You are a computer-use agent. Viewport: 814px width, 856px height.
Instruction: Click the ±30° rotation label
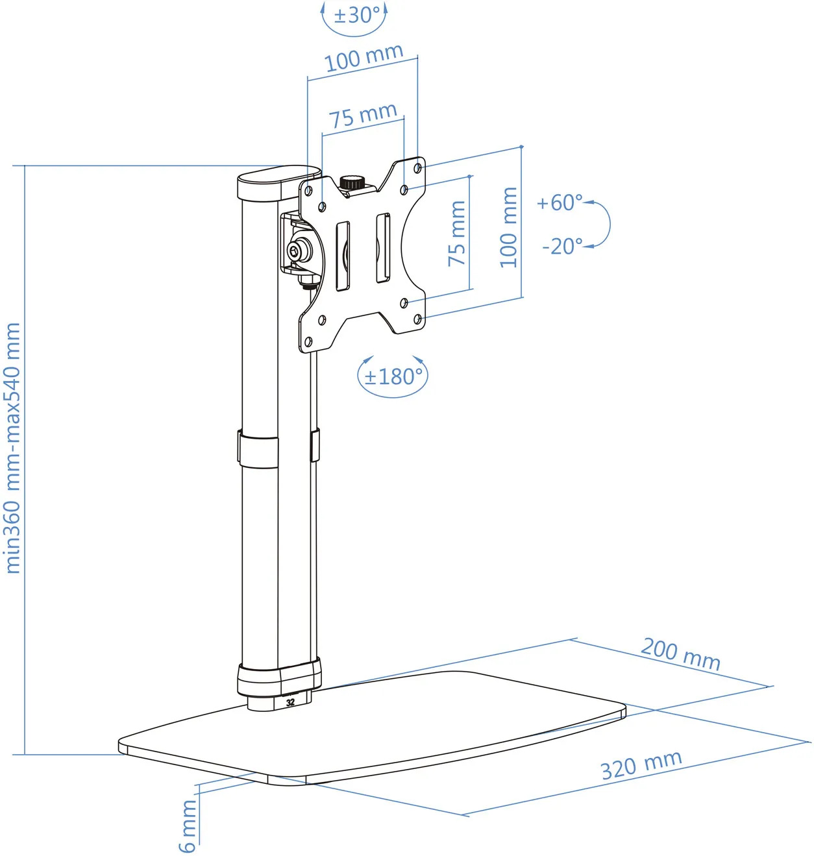click(x=356, y=15)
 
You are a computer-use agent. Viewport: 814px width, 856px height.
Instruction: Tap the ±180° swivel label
click(x=393, y=376)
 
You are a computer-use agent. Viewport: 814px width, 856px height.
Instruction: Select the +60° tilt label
click(x=559, y=202)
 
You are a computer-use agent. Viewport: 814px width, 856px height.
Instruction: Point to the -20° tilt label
click(x=562, y=247)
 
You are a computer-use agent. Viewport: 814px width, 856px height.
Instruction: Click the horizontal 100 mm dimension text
click(x=364, y=58)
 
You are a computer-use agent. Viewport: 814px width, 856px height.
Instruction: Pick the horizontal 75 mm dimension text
click(x=362, y=116)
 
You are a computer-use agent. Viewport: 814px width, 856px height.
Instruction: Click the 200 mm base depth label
click(x=680, y=654)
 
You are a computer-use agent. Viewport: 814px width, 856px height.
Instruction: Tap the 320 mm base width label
click(x=641, y=765)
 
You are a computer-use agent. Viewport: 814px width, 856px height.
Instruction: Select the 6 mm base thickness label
click(x=188, y=825)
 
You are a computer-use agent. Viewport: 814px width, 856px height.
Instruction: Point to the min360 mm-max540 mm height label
click(x=13, y=448)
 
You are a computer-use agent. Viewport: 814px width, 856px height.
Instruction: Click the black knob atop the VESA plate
click(x=353, y=182)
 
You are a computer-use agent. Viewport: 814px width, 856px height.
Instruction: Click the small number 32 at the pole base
click(x=290, y=702)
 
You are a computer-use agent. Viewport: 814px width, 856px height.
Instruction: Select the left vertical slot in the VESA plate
click(x=342, y=256)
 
